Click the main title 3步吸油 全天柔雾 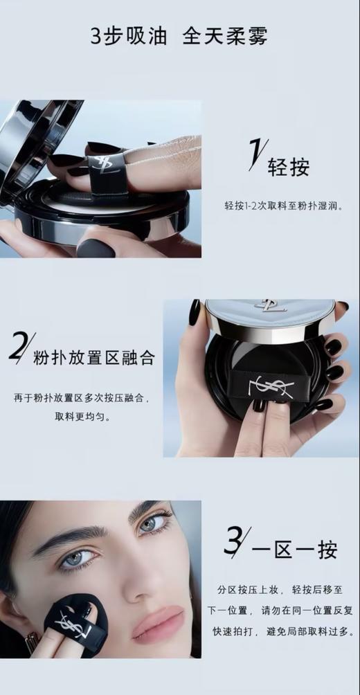[179, 36]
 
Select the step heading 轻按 [289, 166]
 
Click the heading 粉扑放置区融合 [94, 358]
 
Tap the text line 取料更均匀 [82, 417]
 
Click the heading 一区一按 [295, 550]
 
